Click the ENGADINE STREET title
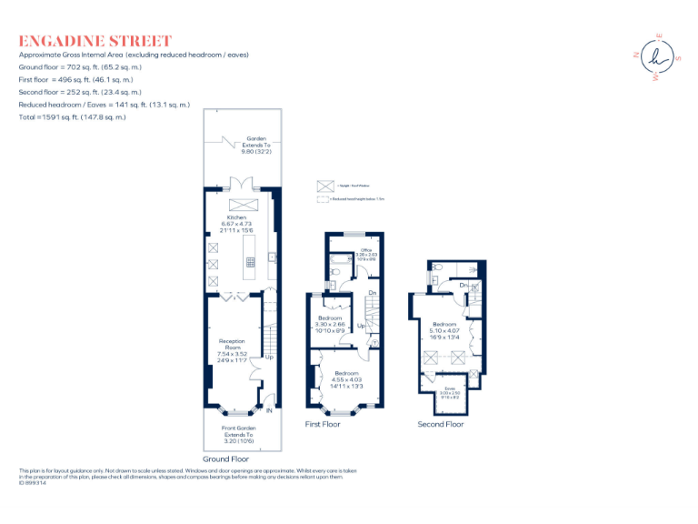coord(95,41)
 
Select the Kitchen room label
coord(237,218)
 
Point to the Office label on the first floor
coord(366,249)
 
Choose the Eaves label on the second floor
coord(449,388)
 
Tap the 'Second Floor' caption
coord(440,424)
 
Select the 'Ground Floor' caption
coord(225,459)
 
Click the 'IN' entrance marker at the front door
coord(269,411)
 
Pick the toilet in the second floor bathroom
coord(439,267)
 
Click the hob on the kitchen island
coord(249,262)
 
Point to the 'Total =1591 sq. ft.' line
coord(73,117)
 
